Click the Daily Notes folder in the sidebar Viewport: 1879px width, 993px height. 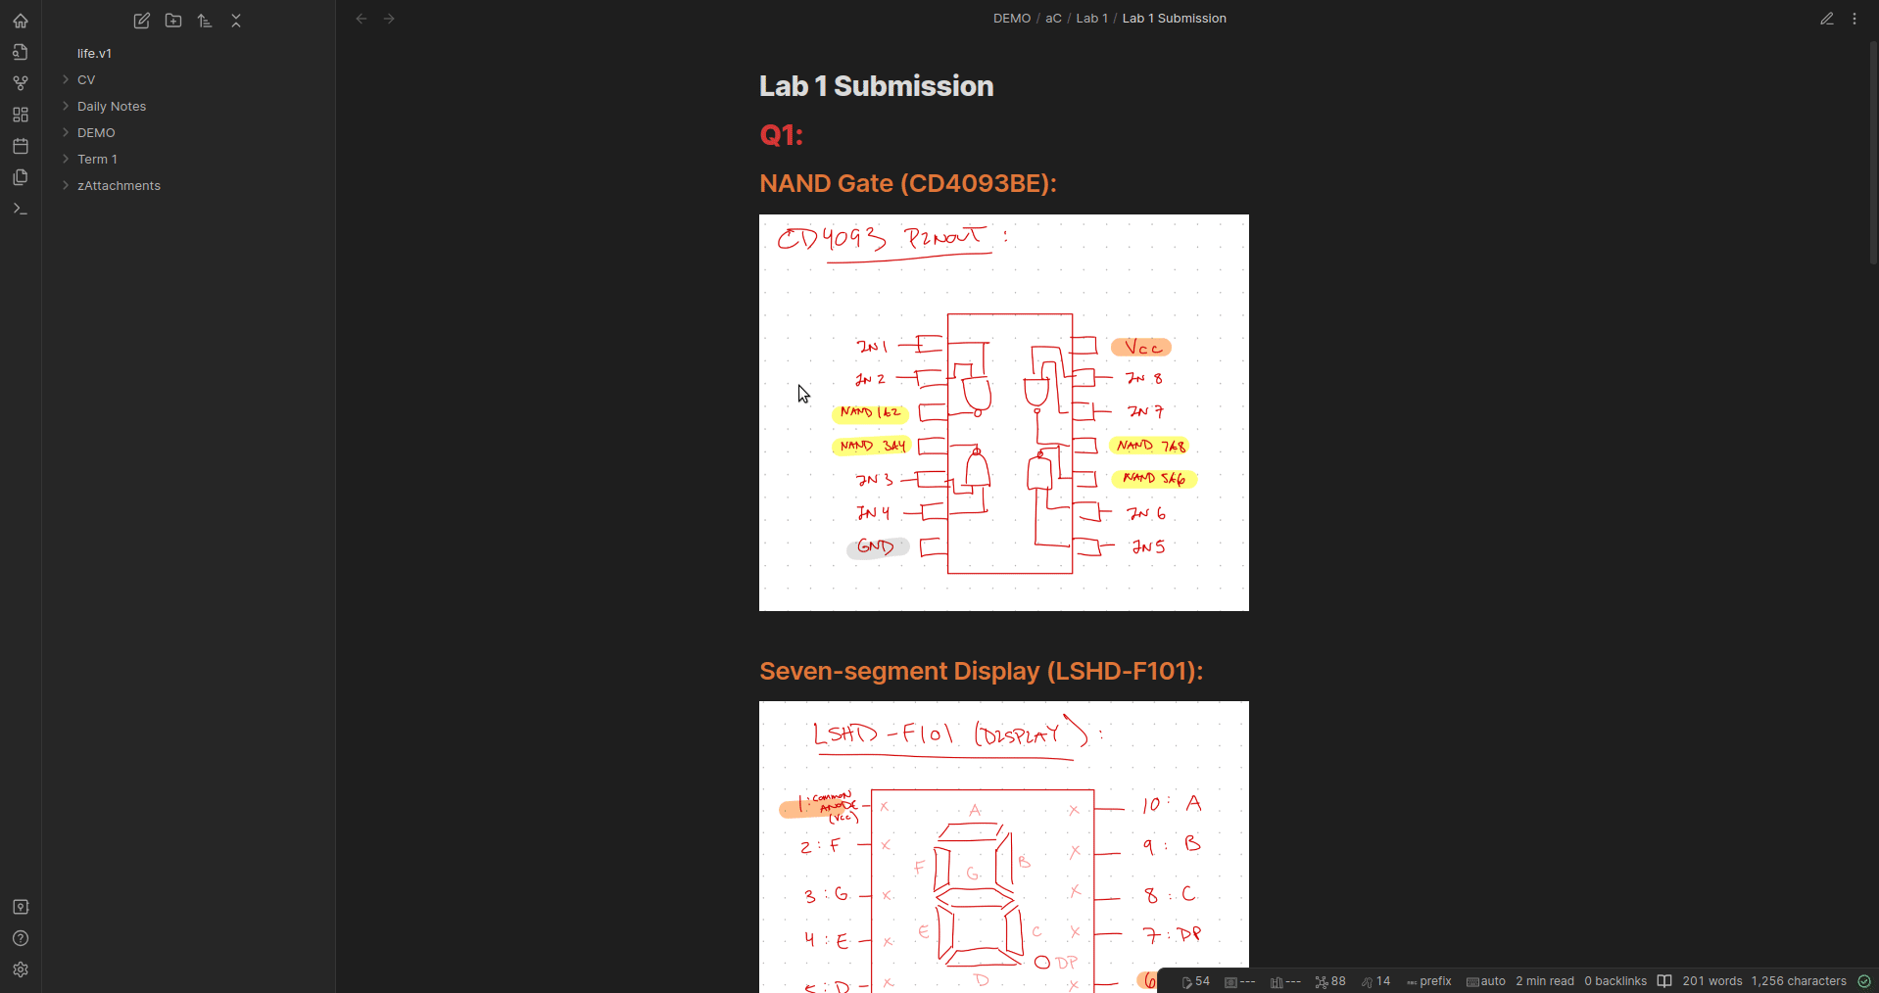coord(112,106)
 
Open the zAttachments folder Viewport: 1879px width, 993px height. coord(119,185)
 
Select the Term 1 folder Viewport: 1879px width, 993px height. coord(97,159)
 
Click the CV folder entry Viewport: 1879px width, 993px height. coord(86,79)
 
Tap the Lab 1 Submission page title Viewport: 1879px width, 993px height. coord(876,86)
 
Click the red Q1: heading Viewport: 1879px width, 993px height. coord(781,135)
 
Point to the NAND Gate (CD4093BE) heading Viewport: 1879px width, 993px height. coord(907,183)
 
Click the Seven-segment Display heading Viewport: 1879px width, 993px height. coord(981,671)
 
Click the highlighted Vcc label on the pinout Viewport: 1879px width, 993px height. coord(1141,348)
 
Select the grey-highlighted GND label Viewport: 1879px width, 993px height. coord(877,547)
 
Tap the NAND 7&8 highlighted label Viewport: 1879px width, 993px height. coord(1150,446)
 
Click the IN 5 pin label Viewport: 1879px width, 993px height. coord(1148,546)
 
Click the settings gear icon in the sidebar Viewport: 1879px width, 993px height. coord(21,969)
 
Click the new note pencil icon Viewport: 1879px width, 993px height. coord(142,21)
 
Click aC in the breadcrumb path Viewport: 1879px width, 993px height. coord(1053,19)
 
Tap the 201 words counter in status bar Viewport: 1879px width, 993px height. coord(1711,981)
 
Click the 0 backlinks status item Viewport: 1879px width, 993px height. coord(1615,981)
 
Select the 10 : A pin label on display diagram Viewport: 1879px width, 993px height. coord(1172,804)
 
